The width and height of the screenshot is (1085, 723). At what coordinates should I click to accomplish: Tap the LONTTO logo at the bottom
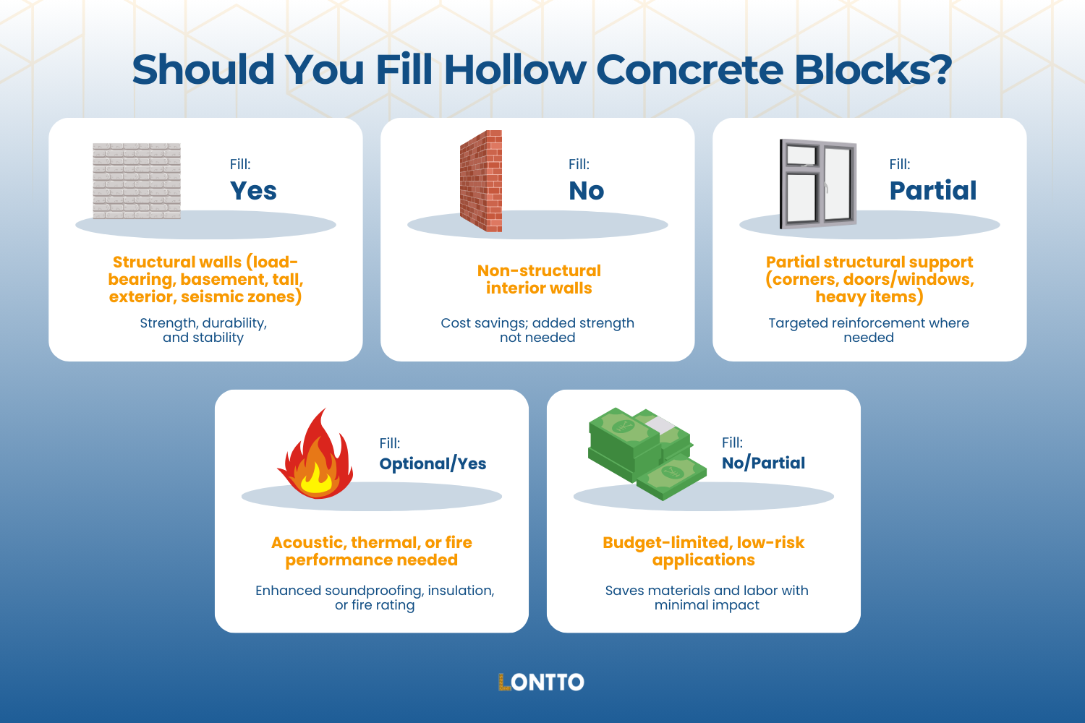tap(541, 682)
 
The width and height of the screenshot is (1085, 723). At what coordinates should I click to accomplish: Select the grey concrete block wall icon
tap(137, 181)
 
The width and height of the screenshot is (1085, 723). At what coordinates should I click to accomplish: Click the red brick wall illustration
tap(482, 181)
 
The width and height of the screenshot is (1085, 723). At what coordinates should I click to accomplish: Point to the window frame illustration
tap(818, 184)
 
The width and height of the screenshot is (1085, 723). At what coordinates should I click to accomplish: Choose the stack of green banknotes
tap(645, 453)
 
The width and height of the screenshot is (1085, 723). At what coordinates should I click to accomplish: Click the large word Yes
tap(253, 191)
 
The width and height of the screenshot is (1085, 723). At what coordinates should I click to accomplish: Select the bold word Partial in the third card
tap(932, 191)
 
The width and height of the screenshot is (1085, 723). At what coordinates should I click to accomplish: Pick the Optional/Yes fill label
tap(433, 463)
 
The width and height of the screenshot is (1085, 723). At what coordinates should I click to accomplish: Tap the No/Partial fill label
tap(763, 463)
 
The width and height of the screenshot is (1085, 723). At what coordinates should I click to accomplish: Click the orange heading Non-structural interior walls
tap(539, 279)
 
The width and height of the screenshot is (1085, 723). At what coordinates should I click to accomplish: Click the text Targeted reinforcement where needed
tap(869, 330)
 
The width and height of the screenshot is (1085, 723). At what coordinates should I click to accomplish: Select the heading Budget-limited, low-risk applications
tap(703, 551)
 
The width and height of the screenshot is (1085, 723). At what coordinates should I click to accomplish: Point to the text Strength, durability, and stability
tap(203, 330)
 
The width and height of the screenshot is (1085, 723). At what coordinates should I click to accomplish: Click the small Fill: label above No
tap(579, 164)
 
